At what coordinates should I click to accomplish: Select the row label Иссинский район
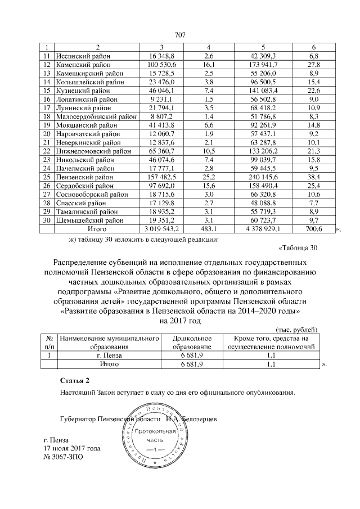83,56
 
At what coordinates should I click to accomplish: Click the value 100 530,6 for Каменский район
162,65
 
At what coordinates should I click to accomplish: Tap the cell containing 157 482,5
162,177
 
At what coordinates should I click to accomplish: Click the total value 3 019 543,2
162,229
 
